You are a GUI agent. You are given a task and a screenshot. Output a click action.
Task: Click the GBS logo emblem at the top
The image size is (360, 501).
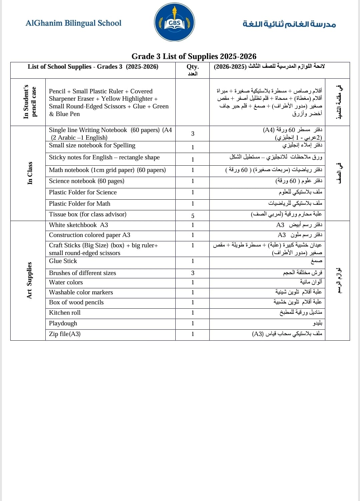(x=174, y=23)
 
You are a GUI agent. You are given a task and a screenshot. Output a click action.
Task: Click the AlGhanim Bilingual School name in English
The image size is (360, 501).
(x=73, y=23)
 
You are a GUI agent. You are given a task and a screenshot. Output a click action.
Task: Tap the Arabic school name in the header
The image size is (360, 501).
(x=289, y=24)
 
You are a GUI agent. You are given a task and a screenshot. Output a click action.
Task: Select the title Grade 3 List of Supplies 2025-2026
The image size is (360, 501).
(x=194, y=56)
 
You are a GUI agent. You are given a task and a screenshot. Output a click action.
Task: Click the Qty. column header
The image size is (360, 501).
(x=193, y=67)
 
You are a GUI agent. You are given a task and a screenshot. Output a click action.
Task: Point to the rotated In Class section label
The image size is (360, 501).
(x=30, y=173)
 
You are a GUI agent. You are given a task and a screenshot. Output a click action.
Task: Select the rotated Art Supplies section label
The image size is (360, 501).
(x=29, y=280)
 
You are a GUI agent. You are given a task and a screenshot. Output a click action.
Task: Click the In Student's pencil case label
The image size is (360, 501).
(x=30, y=102)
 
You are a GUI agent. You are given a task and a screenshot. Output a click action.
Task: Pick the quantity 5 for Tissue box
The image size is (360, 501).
(x=193, y=216)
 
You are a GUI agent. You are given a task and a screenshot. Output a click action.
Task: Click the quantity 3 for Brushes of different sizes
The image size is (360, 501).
(x=193, y=273)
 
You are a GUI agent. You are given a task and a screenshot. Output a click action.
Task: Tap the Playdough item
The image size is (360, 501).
(x=63, y=323)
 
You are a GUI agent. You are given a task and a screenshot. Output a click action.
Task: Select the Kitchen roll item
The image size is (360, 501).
(x=65, y=313)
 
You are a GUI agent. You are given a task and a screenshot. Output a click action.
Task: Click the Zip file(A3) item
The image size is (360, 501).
(x=65, y=334)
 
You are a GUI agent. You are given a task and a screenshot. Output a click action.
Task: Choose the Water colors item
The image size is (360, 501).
(x=66, y=282)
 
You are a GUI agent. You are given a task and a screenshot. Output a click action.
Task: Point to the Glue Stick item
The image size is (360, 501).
(x=63, y=261)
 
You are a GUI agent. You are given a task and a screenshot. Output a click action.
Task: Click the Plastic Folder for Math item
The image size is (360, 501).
(x=80, y=204)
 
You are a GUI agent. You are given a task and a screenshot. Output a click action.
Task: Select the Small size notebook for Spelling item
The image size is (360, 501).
(x=92, y=145)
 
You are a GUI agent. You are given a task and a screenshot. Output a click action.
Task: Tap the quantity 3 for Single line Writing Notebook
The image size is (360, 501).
(x=193, y=134)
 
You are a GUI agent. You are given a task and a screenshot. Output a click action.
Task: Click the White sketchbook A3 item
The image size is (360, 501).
(x=78, y=225)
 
